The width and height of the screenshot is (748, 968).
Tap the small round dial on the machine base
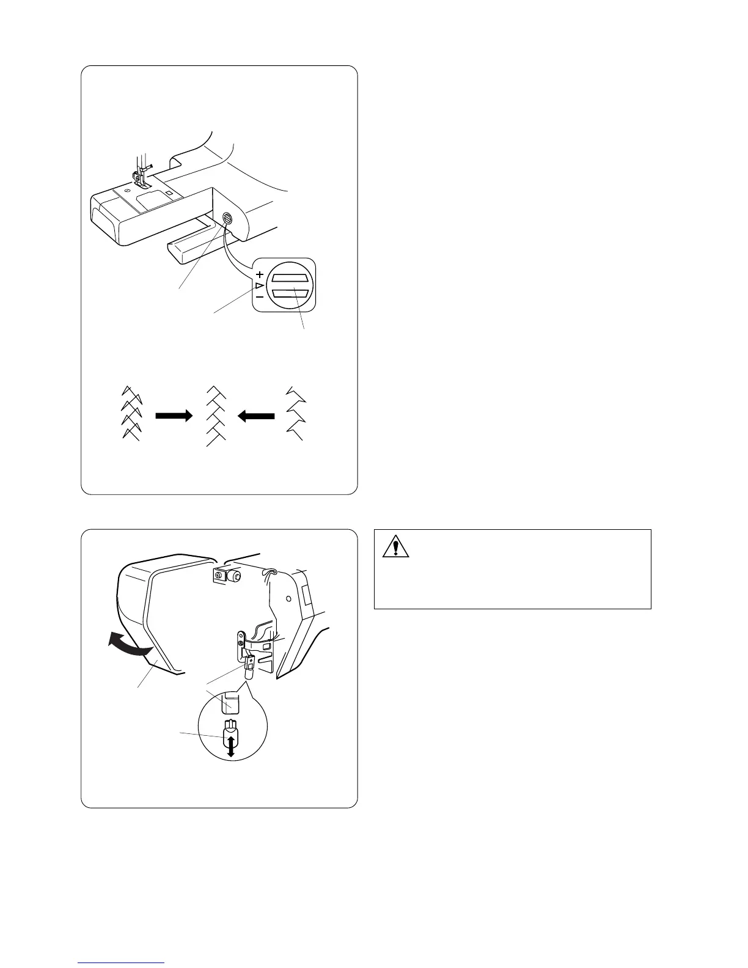point(228,218)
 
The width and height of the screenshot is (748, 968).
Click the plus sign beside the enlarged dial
point(260,274)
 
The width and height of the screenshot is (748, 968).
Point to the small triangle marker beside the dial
point(259,285)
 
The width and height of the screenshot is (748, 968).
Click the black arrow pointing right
point(174,416)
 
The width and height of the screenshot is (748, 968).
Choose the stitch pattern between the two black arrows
point(216,416)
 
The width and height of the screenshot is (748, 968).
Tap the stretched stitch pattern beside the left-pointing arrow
point(295,413)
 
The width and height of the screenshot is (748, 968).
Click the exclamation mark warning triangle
point(395,547)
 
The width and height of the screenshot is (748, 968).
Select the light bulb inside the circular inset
point(230,730)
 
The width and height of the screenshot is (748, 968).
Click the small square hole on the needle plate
point(169,193)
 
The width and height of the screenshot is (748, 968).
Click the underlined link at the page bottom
point(122,963)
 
